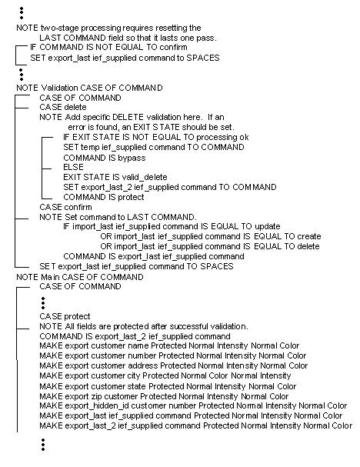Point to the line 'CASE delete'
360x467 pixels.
point(65,107)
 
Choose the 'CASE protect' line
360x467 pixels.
point(65,316)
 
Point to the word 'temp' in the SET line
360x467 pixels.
point(90,146)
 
